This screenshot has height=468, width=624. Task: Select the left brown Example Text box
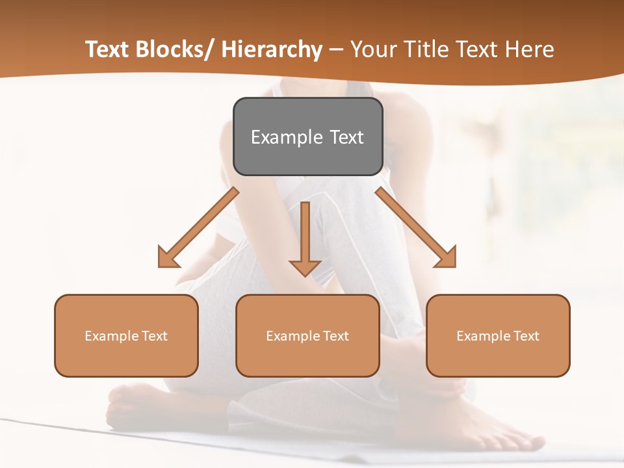coord(126,335)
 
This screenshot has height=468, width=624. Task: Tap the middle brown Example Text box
coord(307,335)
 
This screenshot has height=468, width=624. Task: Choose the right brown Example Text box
coord(498,335)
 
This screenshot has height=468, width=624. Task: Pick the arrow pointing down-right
coord(415,227)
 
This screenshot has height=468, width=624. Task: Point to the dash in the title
coord(336,49)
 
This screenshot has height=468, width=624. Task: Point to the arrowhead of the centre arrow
coord(305,267)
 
